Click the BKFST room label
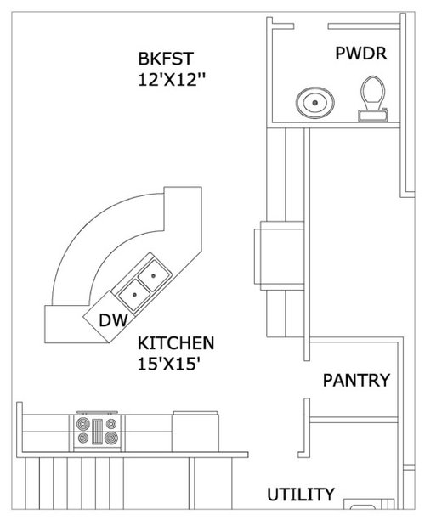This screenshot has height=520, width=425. [166, 59]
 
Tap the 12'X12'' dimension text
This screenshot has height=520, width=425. [172, 80]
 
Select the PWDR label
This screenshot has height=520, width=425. [361, 54]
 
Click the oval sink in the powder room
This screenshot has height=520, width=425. [314, 103]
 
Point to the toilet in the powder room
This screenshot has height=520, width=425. [373, 99]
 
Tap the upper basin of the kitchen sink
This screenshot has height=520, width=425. [153, 275]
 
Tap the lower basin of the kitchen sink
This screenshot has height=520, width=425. [134, 295]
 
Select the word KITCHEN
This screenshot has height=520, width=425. [176, 343]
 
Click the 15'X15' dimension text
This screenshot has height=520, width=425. [169, 365]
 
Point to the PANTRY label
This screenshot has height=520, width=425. [356, 380]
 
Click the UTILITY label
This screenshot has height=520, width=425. [301, 495]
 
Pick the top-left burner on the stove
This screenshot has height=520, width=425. [83, 423]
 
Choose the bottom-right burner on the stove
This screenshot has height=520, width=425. [111, 438]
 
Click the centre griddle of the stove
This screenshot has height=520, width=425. [98, 431]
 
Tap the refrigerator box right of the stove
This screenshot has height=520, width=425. [195, 432]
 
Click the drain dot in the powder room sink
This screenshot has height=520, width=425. [314, 103]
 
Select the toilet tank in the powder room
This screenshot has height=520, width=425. [373, 116]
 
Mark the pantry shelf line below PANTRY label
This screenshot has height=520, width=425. [354, 420]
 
